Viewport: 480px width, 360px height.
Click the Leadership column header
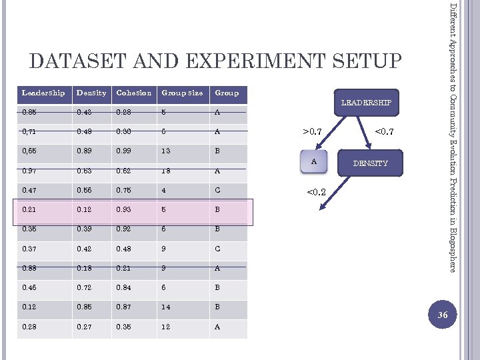43,93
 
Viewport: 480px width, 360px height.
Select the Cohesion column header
133,93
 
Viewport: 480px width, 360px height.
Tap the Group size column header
181,93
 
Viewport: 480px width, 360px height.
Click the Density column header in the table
91,93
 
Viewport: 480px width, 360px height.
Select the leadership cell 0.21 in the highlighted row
29,211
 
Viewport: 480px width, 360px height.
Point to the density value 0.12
84,211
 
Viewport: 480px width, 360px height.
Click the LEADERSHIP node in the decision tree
366,102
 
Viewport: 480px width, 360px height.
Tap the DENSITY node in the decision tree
370,163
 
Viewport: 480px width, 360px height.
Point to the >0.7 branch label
313,131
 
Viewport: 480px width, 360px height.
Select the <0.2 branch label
315,193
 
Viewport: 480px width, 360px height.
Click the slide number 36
443,315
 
